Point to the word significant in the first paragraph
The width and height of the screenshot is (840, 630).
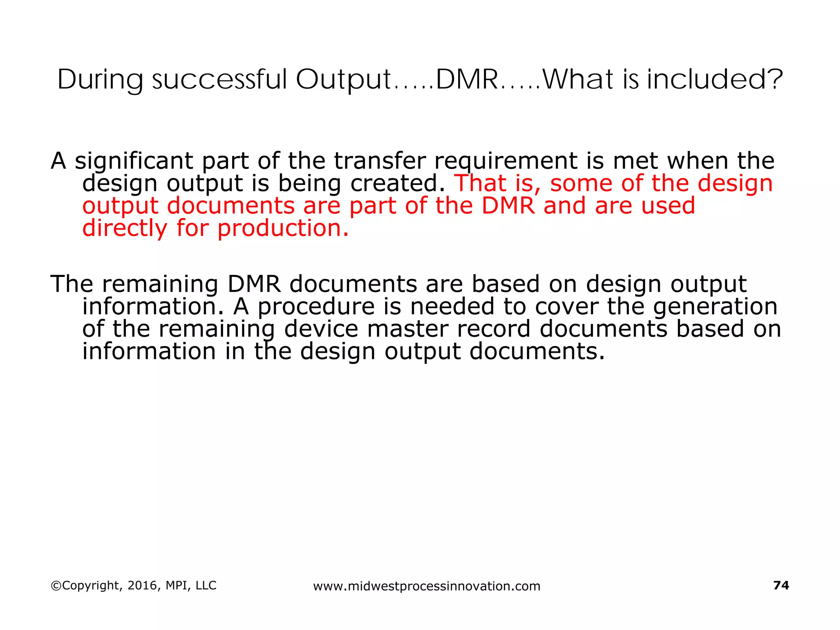click(134, 161)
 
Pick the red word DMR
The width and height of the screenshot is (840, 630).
click(508, 205)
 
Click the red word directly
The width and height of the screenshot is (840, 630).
click(125, 228)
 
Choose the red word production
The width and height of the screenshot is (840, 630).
click(283, 229)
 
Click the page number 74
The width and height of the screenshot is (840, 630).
click(781, 585)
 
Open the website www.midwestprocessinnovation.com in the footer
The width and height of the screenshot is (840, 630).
click(427, 586)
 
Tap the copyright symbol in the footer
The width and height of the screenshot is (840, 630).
click(55, 586)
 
